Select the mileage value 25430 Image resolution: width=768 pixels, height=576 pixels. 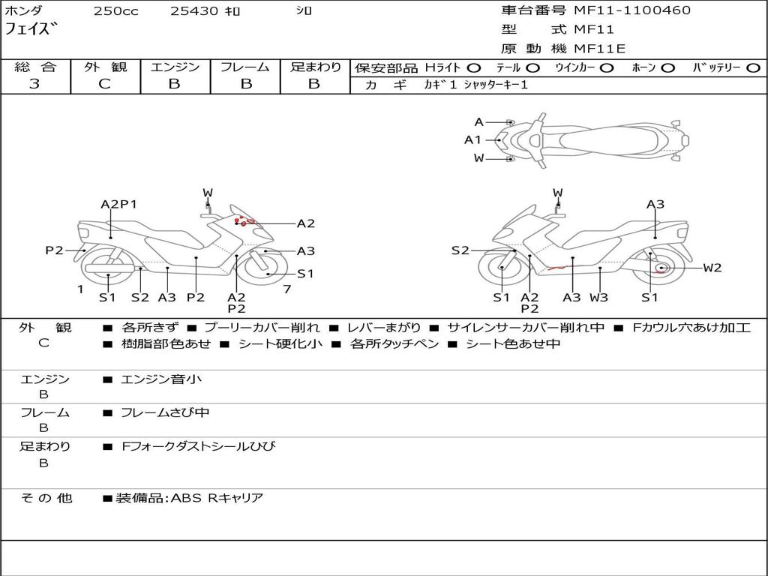(193, 11)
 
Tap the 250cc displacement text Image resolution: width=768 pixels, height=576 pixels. (115, 11)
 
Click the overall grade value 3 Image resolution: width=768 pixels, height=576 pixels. (34, 84)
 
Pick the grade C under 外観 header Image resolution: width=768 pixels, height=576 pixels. (105, 84)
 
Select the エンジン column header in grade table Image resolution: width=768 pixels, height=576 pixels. (175, 67)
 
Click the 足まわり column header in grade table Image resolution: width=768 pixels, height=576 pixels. (316, 67)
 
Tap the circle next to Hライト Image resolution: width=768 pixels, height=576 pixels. (475, 68)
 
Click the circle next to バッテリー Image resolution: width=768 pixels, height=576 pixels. (753, 68)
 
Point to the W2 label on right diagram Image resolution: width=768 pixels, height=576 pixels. (712, 268)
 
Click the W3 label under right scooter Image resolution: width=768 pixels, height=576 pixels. (598, 298)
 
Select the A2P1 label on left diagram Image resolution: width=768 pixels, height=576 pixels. (118, 204)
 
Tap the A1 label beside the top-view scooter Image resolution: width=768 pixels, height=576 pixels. (472, 139)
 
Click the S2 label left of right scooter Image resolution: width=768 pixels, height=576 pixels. (460, 250)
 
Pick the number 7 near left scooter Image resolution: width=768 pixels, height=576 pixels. (286, 289)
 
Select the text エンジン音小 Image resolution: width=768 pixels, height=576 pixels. (161, 379)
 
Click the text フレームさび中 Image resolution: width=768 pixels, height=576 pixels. (165, 412)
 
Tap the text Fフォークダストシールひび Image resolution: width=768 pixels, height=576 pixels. (199, 446)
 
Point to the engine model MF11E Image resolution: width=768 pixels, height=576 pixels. (599, 49)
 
